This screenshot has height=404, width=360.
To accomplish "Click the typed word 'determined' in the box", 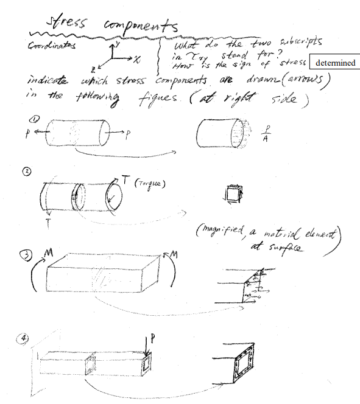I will point(335,63).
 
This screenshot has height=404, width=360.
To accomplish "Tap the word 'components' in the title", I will point(139,27).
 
